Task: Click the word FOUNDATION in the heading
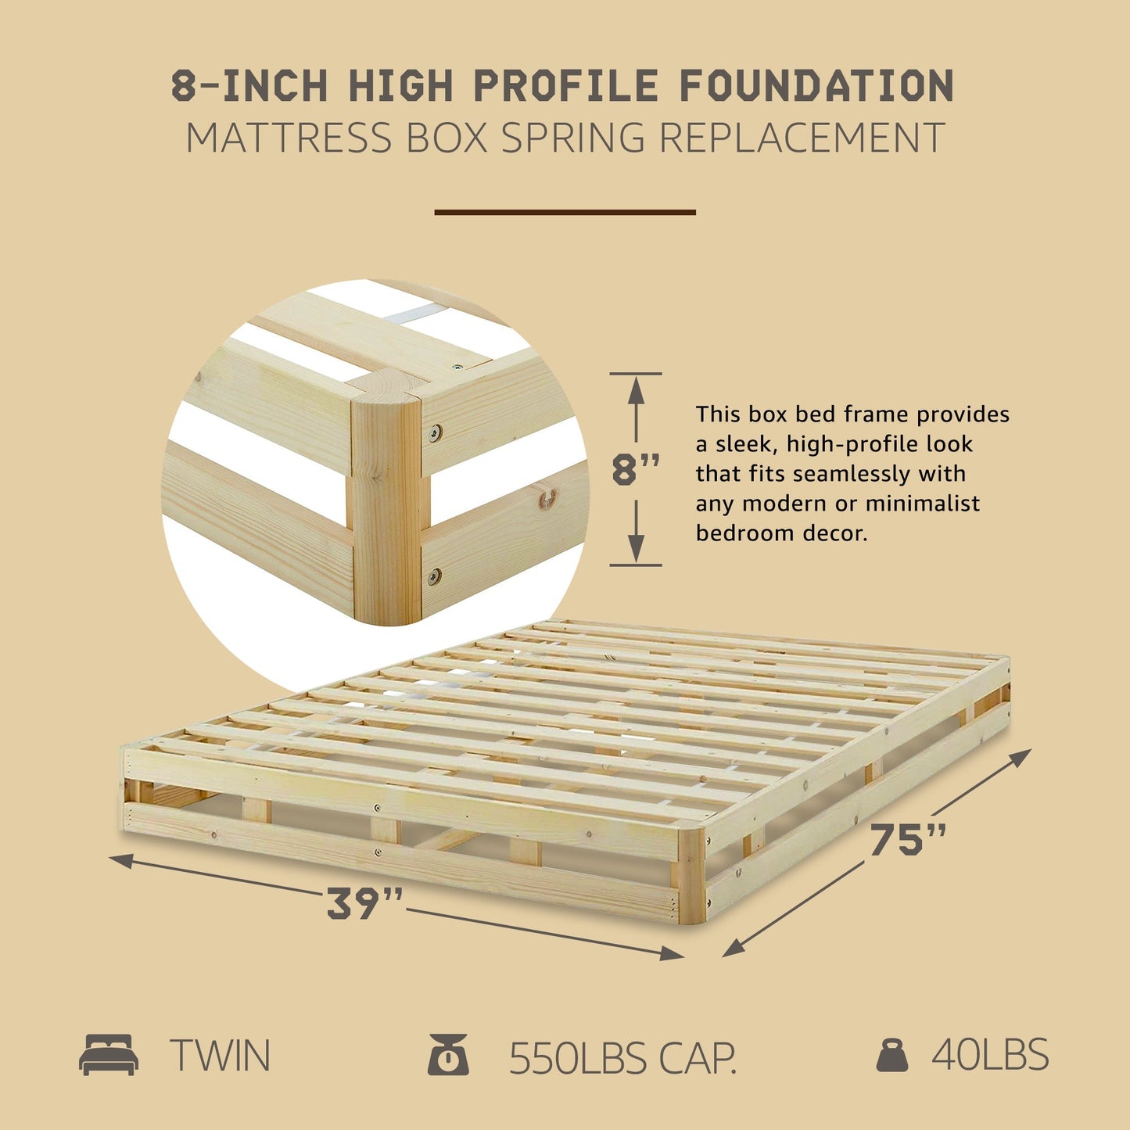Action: click(816, 86)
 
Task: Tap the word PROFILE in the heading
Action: click(566, 86)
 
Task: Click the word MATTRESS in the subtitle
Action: click(288, 138)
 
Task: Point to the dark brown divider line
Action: click(565, 212)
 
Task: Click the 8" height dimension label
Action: click(635, 470)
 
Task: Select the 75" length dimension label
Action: click(907, 840)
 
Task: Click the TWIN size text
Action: click(220, 1056)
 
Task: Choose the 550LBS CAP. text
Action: click(622, 1058)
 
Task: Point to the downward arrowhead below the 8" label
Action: click(636, 551)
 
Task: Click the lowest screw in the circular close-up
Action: click(433, 577)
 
